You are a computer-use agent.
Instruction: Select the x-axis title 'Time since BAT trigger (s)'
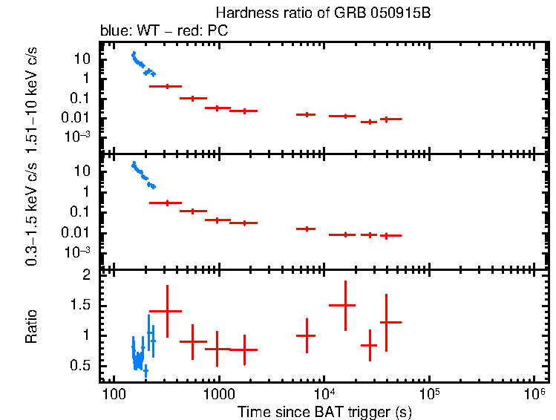(x=324, y=410)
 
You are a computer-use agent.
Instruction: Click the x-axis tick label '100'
(x=114, y=392)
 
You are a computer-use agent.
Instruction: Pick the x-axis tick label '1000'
(x=218, y=392)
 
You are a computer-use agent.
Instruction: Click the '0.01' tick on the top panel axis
(x=79, y=117)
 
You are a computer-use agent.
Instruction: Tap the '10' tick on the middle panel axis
(x=84, y=171)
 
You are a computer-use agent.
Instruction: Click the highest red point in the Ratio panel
(x=345, y=305)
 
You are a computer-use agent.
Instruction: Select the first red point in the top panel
(x=167, y=87)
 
